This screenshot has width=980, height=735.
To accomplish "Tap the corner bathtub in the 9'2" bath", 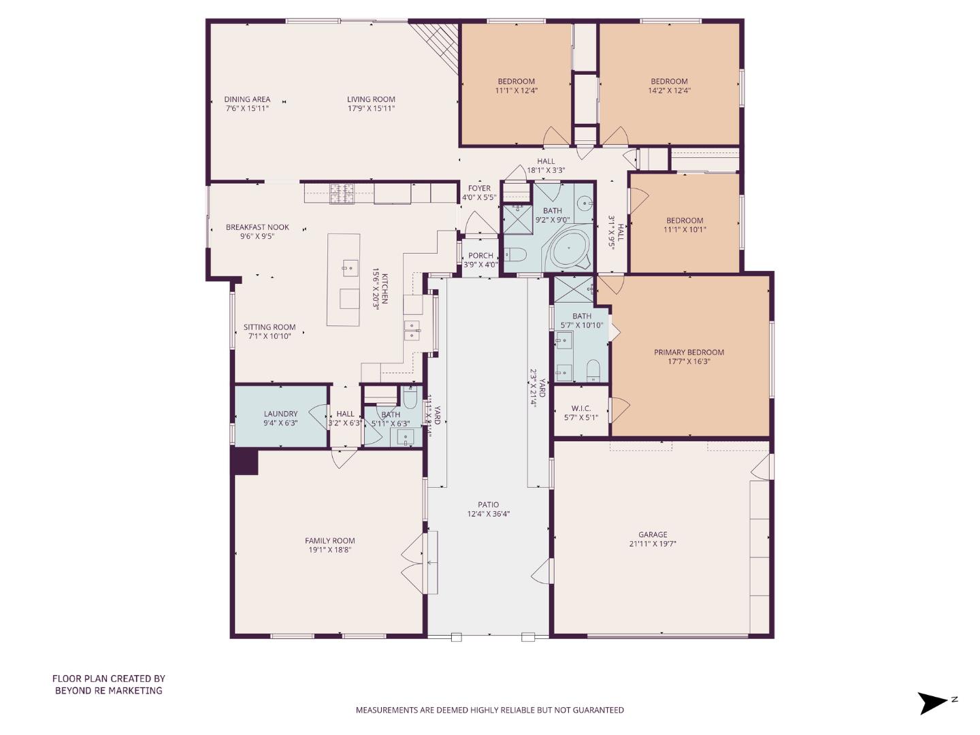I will pos(569,251).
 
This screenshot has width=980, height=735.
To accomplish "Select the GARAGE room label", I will pos(652,534).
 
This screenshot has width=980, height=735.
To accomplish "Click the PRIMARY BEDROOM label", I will pos(689,352).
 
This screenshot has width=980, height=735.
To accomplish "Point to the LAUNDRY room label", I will pos(280,414).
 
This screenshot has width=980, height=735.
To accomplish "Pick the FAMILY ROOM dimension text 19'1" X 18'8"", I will pos(330,550).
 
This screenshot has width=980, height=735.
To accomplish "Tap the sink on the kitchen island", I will pos(350,267).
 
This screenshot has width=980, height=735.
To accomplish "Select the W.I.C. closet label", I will pos(581,408).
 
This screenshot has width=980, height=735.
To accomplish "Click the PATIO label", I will pos(488,505).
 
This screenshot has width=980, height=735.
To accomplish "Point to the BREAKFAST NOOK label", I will pos(257,227).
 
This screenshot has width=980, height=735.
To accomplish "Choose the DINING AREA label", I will pos(247,99).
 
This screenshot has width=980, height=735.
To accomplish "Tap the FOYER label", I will pos(479,189).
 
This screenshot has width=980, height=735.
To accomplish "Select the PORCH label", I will pos(480,256).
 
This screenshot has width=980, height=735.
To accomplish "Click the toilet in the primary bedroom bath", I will pos(593,370).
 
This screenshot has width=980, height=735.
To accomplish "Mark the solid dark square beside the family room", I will pos(246,461).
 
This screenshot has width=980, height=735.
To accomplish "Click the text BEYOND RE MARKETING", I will pos(109,690).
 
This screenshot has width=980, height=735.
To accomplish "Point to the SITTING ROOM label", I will pos(269,327).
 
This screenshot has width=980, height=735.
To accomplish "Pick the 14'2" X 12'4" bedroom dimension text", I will pos(669,91).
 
